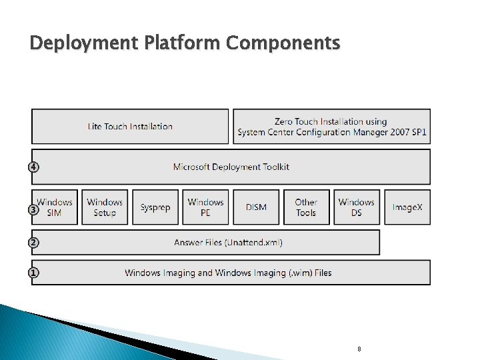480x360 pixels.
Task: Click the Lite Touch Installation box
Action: [x=130, y=127]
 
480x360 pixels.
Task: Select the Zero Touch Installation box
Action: [x=331, y=127]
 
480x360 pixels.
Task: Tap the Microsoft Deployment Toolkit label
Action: [x=231, y=167]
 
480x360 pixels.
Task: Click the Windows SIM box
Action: [x=55, y=207]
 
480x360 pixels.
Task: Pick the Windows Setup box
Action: [x=105, y=207]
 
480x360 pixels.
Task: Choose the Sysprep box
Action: [x=155, y=207]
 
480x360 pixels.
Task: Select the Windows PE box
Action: [x=205, y=207]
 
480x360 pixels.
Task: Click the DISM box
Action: [x=256, y=207]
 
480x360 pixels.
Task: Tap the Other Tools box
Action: [x=306, y=207]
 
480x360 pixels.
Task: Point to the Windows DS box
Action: [x=357, y=207]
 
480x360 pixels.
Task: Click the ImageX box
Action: [x=407, y=207]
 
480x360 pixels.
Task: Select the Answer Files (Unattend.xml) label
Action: [x=228, y=243]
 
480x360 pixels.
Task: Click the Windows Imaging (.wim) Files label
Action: [x=228, y=273]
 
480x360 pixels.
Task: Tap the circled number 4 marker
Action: [x=33, y=167]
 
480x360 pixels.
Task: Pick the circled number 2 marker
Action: [x=33, y=243]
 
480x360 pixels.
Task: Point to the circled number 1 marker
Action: [x=33, y=273]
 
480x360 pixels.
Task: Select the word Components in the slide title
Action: [x=283, y=44]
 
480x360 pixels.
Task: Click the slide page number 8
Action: [x=359, y=349]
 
